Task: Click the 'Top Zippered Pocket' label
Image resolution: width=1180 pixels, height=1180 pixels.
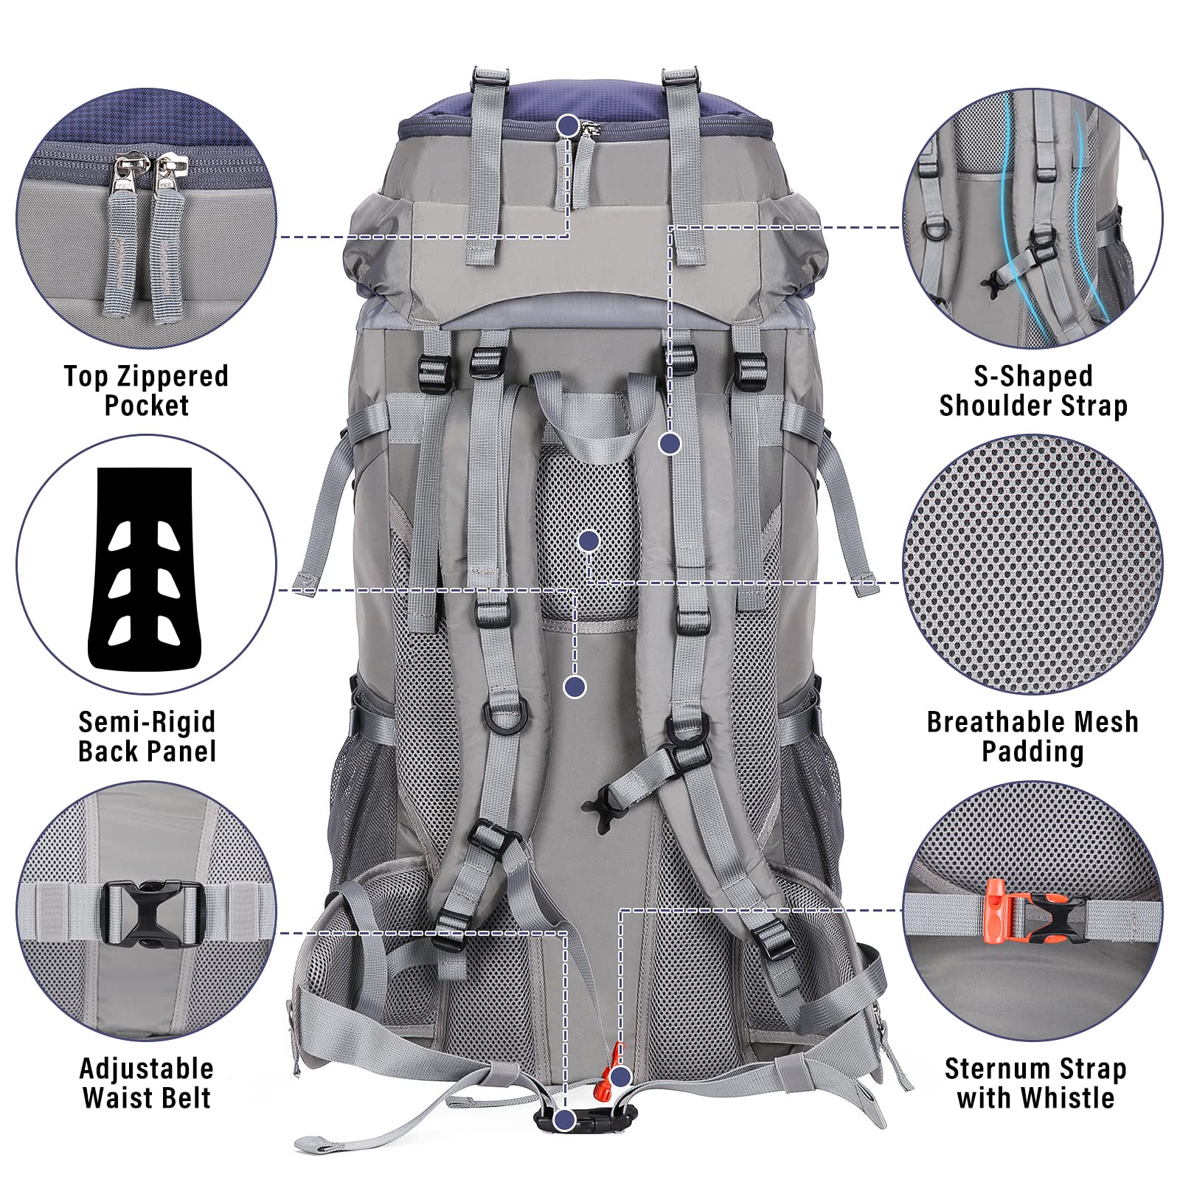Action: coord(146,390)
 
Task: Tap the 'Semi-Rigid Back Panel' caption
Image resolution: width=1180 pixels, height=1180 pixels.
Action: coord(147,736)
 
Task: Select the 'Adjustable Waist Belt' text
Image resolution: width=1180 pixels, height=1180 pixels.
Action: coord(146,1083)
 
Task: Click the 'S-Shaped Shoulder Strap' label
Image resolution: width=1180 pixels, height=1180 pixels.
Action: coord(1032,390)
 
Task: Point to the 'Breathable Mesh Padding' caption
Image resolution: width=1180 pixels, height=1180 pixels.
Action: coord(1032,736)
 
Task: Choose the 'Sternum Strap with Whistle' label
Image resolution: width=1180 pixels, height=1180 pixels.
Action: coord(1035,1083)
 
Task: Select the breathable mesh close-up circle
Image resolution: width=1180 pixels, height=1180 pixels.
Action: coord(1033,565)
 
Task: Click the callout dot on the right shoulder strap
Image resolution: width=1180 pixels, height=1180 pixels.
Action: coord(670,443)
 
